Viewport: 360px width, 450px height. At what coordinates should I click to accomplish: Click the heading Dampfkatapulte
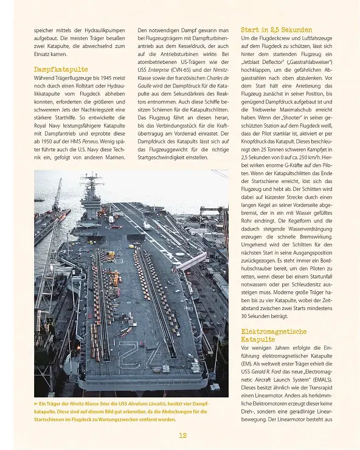click(60, 69)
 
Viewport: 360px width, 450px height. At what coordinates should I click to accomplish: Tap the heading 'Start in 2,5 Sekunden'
click(276, 29)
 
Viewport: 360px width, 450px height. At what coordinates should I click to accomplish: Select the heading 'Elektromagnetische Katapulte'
click(273, 335)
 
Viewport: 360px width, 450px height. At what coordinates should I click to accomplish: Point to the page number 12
click(182, 435)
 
